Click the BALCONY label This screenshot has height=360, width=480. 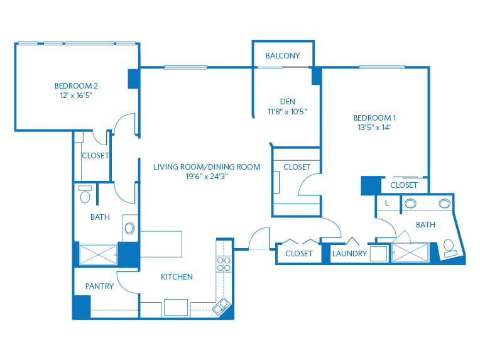tap(283, 56)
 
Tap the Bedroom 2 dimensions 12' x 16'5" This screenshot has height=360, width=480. tap(76, 95)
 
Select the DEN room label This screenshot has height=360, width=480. tap(288, 102)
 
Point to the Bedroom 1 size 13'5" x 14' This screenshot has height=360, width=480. tap(374, 128)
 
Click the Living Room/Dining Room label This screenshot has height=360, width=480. tap(207, 167)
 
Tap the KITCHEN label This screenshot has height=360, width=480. tap(177, 276)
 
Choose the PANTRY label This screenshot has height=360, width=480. tap(99, 286)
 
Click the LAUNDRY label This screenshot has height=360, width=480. tap(349, 253)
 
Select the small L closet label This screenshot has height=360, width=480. tap(387, 204)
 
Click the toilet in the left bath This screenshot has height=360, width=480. tap(85, 194)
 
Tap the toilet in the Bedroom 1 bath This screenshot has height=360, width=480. tap(450, 248)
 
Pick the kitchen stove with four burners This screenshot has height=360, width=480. tap(224, 264)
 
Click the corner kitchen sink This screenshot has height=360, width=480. tap(221, 306)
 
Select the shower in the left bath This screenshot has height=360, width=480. tap(98, 254)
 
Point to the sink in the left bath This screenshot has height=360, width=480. tap(129, 228)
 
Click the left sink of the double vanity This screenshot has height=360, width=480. tap(410, 204)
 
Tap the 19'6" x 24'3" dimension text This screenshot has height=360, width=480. tap(207, 177)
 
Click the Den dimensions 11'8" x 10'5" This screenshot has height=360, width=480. tap(288, 112)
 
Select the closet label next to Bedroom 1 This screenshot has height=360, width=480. tap(404, 185)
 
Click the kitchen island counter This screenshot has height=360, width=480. tap(161, 244)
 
